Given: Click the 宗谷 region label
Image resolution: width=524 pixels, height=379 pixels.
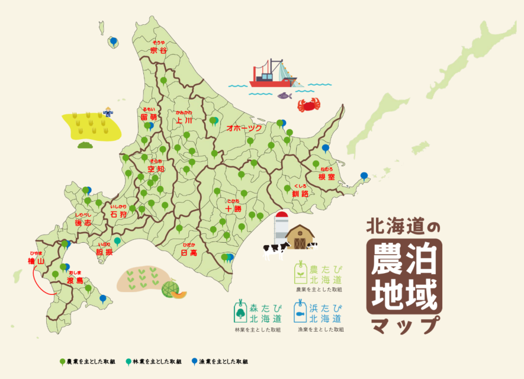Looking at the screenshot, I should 158,50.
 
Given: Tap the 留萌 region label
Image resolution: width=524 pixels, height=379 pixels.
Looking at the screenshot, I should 148,117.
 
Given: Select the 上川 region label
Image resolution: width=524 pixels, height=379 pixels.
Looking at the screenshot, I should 184,120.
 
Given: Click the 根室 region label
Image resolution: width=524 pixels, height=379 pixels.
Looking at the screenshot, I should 327,176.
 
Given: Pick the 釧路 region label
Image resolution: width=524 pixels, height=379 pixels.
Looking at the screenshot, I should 300,193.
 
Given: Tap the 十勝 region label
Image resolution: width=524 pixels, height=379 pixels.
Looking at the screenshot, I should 233,208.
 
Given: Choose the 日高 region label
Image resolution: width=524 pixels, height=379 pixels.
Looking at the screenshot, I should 189,252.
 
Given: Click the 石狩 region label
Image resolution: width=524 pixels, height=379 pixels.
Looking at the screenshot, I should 118,214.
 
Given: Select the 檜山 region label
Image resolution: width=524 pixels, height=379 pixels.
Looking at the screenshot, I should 36,261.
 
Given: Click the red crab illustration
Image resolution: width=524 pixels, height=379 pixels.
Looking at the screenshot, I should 309,105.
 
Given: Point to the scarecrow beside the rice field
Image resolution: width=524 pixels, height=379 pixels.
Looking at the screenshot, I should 108,112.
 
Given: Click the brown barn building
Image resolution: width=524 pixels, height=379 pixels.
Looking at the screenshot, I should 300,237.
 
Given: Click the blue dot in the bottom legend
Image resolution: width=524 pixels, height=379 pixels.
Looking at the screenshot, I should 194,361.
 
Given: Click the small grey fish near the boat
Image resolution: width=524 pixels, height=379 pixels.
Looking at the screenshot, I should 285,95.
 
